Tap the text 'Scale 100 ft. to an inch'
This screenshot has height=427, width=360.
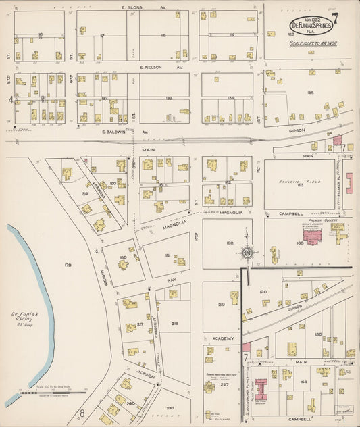coord(313,44)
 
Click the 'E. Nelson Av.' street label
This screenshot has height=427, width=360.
coord(153,68)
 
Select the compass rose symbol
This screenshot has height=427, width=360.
coord(247,253)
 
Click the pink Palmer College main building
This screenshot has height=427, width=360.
coord(312,236)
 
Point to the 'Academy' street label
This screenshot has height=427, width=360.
coord(224,338)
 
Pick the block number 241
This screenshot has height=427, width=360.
coord(170,408)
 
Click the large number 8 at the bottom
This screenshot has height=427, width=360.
coord(82,412)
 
